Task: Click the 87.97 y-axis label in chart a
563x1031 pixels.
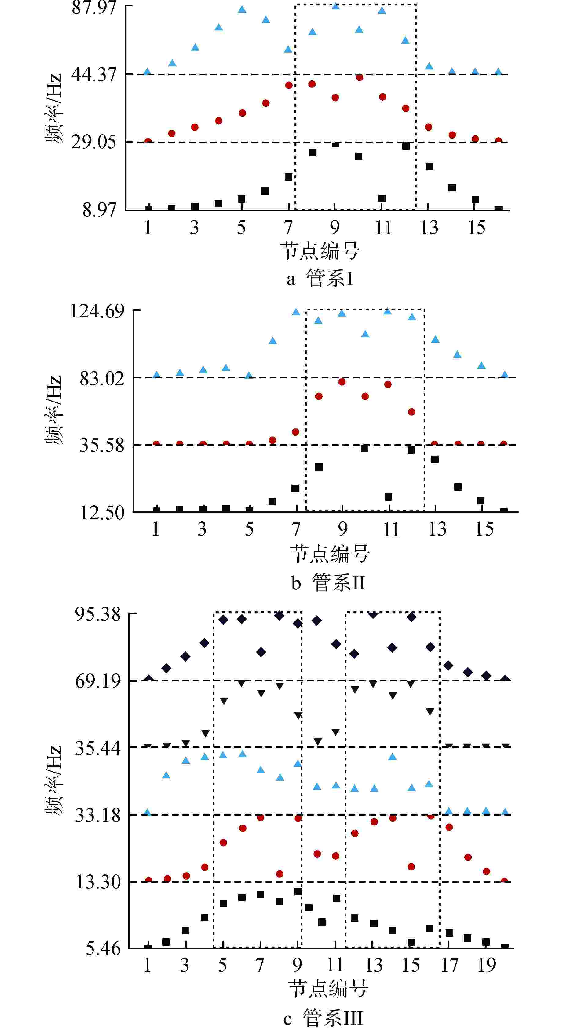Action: click(x=94, y=8)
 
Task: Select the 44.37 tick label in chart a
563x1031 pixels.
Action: click(x=94, y=74)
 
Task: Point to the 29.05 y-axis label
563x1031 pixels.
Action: click(x=94, y=142)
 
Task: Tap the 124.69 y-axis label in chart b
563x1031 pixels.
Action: click(x=97, y=310)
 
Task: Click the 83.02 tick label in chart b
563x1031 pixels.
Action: click(x=102, y=377)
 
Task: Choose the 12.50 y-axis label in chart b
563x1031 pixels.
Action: click(x=102, y=513)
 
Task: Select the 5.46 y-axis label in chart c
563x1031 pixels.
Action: click(x=103, y=948)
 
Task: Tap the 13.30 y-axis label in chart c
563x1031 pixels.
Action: click(x=98, y=882)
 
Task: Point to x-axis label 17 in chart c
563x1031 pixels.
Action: click(x=449, y=965)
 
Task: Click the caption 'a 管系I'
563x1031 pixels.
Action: click(x=320, y=279)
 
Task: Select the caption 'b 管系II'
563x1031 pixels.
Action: click(x=328, y=582)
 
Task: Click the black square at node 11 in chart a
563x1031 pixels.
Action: click(x=382, y=198)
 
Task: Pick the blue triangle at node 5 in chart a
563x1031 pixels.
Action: click(x=242, y=9)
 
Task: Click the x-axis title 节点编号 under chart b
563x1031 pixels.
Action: click(x=330, y=554)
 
